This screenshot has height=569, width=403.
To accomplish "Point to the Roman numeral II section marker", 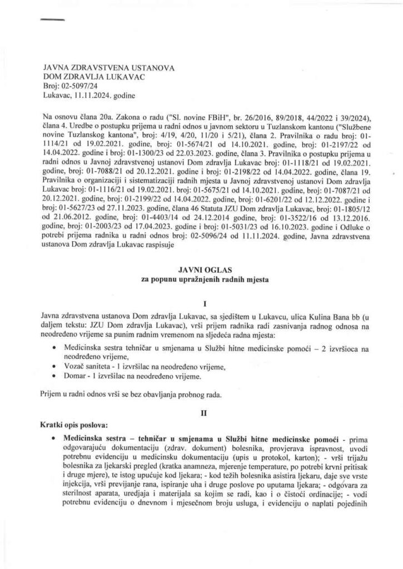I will pos(205,413).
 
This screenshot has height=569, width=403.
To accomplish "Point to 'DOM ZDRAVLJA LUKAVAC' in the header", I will pos(94,77).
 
